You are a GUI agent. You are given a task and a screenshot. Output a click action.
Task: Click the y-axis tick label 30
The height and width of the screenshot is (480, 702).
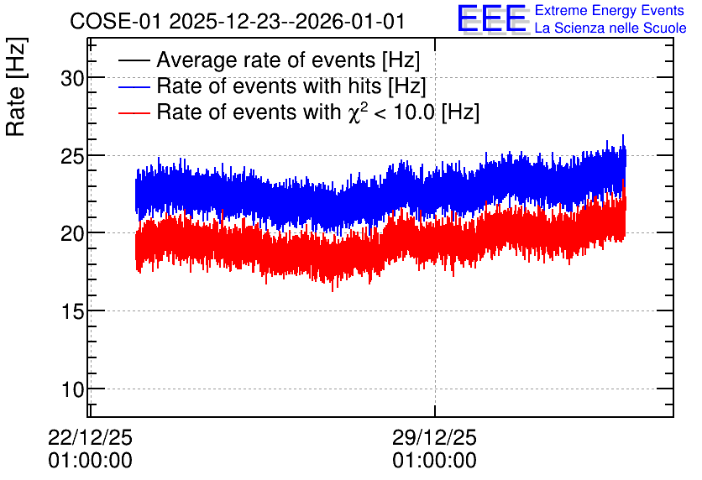[72, 79]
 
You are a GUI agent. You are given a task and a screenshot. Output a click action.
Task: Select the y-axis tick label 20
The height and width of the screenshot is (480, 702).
[72, 233]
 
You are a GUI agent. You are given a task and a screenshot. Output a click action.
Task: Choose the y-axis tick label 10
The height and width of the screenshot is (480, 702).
[72, 389]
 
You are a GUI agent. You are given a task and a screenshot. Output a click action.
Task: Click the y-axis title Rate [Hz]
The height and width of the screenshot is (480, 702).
[16, 86]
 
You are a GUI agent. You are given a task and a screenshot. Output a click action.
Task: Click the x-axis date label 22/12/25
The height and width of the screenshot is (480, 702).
[91, 437]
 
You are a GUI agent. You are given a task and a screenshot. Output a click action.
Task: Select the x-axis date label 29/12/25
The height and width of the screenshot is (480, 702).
[435, 437]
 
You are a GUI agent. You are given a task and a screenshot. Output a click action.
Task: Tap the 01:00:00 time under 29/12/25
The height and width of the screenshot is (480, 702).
[435, 461]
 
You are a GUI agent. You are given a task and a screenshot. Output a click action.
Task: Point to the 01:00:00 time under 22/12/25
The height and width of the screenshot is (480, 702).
[91, 461]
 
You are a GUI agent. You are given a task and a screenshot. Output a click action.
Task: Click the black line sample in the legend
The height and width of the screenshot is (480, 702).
[134, 60]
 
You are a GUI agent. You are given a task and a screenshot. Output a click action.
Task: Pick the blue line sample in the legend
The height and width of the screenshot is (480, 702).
[134, 86]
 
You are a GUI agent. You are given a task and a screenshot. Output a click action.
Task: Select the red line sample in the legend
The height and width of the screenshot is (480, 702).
[134, 112]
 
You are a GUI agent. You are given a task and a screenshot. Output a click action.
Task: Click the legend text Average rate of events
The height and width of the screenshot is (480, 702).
[266, 60]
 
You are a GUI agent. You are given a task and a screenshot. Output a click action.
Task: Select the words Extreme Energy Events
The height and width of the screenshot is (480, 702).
[610, 10]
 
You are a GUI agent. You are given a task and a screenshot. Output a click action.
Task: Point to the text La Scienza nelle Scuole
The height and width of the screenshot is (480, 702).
[610, 29]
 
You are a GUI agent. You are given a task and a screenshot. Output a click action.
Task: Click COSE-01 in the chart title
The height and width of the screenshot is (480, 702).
[116, 22]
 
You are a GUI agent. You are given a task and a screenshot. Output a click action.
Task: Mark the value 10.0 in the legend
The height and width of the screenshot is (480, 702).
[414, 112]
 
